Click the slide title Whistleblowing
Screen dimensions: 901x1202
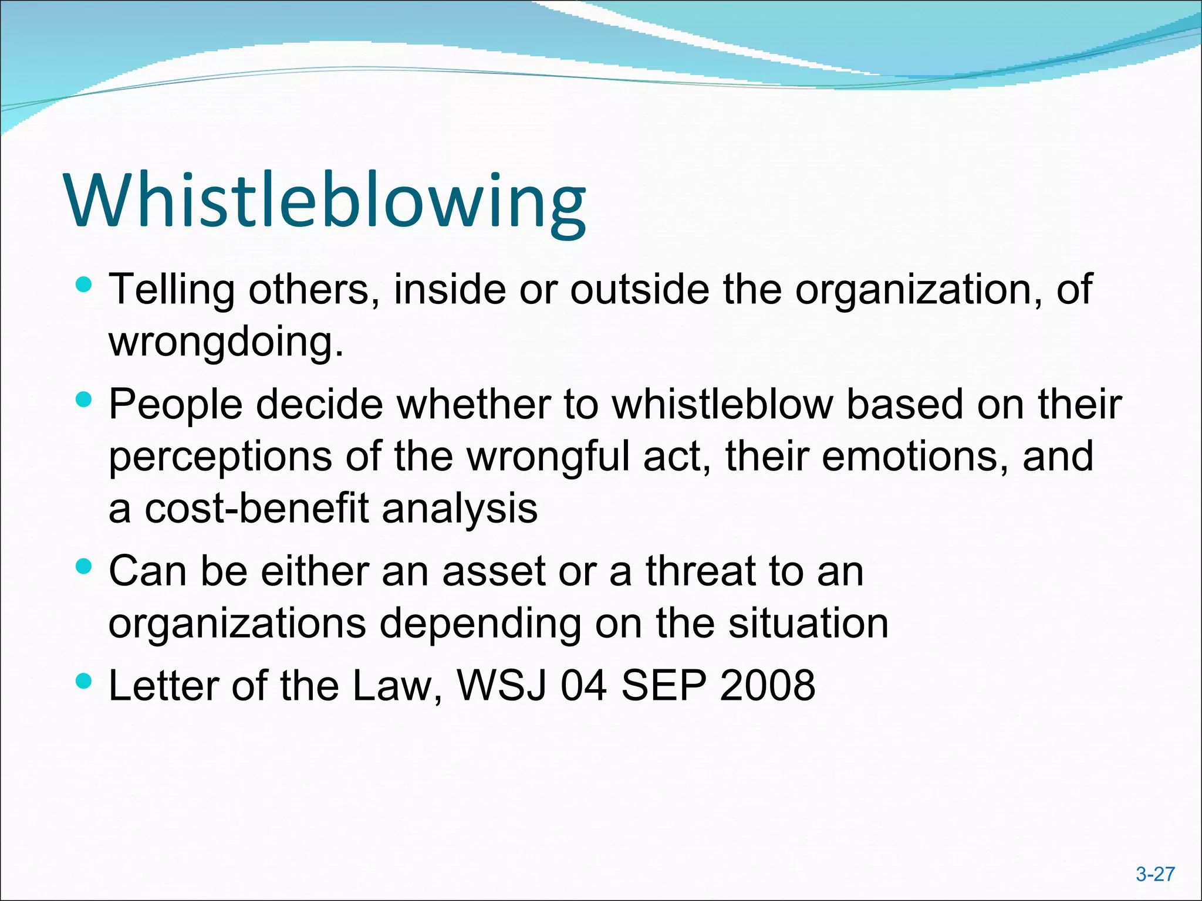326,201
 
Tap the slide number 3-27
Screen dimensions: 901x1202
1155,875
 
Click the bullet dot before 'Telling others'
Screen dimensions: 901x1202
85,286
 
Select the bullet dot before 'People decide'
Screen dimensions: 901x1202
85,401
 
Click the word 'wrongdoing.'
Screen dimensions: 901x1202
226,341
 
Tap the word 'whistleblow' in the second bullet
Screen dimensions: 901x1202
723,404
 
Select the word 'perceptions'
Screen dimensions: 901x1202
220,456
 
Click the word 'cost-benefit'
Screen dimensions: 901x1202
257,508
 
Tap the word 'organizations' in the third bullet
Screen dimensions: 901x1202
237,623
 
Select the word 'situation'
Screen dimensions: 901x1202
808,623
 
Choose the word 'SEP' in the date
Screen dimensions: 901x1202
663,685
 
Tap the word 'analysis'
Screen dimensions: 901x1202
460,508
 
